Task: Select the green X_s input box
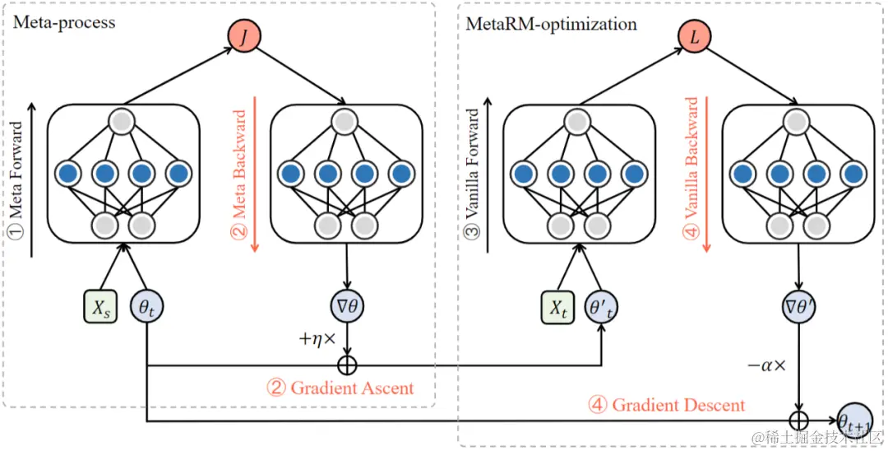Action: [x=101, y=307]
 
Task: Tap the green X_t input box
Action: [x=557, y=307]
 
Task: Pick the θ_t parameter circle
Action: [x=147, y=307]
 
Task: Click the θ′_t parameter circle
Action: [x=604, y=307]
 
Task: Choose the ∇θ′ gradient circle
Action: [x=798, y=307]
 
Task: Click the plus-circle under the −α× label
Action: [x=798, y=421]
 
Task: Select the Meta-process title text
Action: [x=63, y=23]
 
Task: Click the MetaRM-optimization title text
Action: [x=551, y=25]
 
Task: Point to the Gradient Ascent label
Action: [x=340, y=388]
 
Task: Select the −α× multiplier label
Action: [x=767, y=365]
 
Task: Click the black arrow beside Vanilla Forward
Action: [x=485, y=179]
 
